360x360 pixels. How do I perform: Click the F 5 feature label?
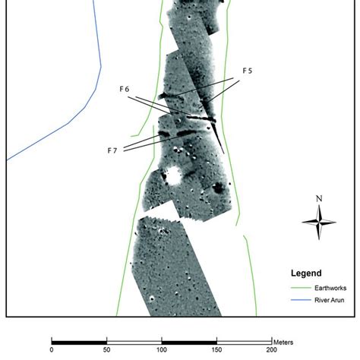coord(248,71)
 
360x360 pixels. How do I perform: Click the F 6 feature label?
coord(126,89)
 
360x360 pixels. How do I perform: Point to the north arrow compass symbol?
coord(319,222)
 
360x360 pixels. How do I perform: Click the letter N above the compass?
coord(319,200)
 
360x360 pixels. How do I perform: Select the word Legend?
coord(306,273)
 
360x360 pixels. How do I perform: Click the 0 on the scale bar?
coord(51,350)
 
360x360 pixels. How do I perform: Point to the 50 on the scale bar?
coord(106,350)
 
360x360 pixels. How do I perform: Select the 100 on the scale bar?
coord(161,350)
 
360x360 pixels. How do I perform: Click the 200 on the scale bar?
coord(270,350)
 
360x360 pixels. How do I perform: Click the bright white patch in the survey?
coord(174,176)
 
